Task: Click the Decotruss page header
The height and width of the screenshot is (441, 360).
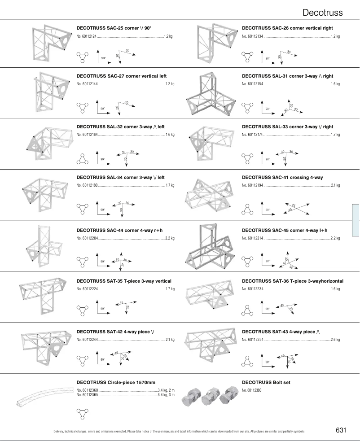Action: [x=322, y=12]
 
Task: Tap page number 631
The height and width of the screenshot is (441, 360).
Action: [x=341, y=430]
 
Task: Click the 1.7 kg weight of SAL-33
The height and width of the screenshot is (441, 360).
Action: [x=335, y=134]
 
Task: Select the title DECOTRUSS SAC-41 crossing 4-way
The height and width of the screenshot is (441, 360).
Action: [x=282, y=178]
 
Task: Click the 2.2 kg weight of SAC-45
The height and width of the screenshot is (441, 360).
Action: [x=335, y=238]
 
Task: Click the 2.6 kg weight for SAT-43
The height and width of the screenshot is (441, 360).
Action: [x=335, y=340]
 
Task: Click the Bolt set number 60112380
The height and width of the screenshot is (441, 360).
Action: [x=252, y=390]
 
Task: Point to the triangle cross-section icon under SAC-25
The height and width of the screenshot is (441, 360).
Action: [x=82, y=57]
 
